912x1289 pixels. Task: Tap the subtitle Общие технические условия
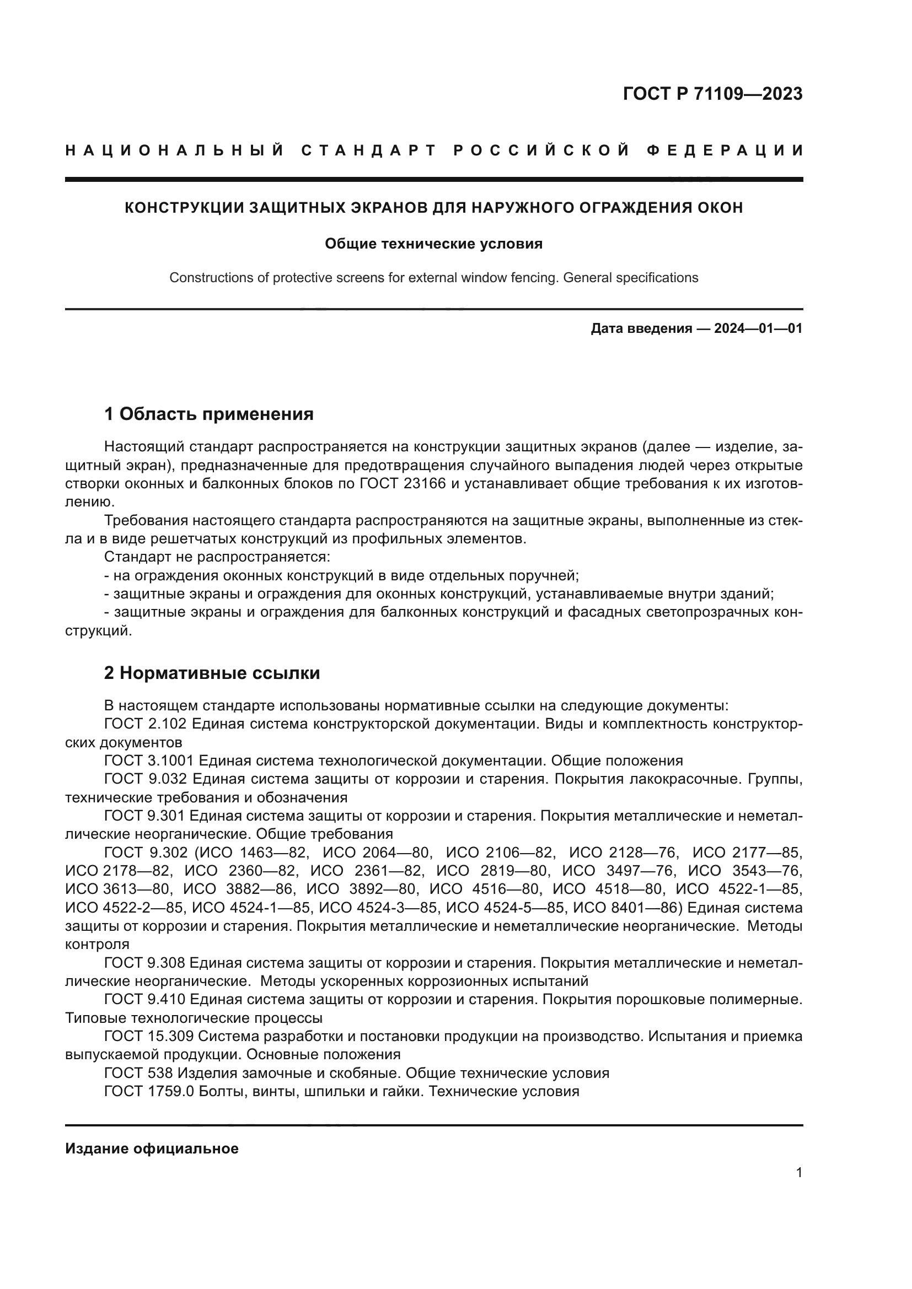(433, 244)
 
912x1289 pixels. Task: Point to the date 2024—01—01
(758, 328)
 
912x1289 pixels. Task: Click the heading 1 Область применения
(208, 414)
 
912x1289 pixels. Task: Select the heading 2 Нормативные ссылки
(212, 672)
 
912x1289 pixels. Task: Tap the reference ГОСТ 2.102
(146, 724)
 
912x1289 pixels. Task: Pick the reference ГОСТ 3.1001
(149, 761)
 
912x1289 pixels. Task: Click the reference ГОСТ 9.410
(145, 999)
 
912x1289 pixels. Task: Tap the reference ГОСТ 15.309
(149, 1036)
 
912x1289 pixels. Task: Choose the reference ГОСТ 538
(139, 1073)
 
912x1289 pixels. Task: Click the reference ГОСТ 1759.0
(149, 1091)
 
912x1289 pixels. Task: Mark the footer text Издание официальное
(152, 1148)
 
